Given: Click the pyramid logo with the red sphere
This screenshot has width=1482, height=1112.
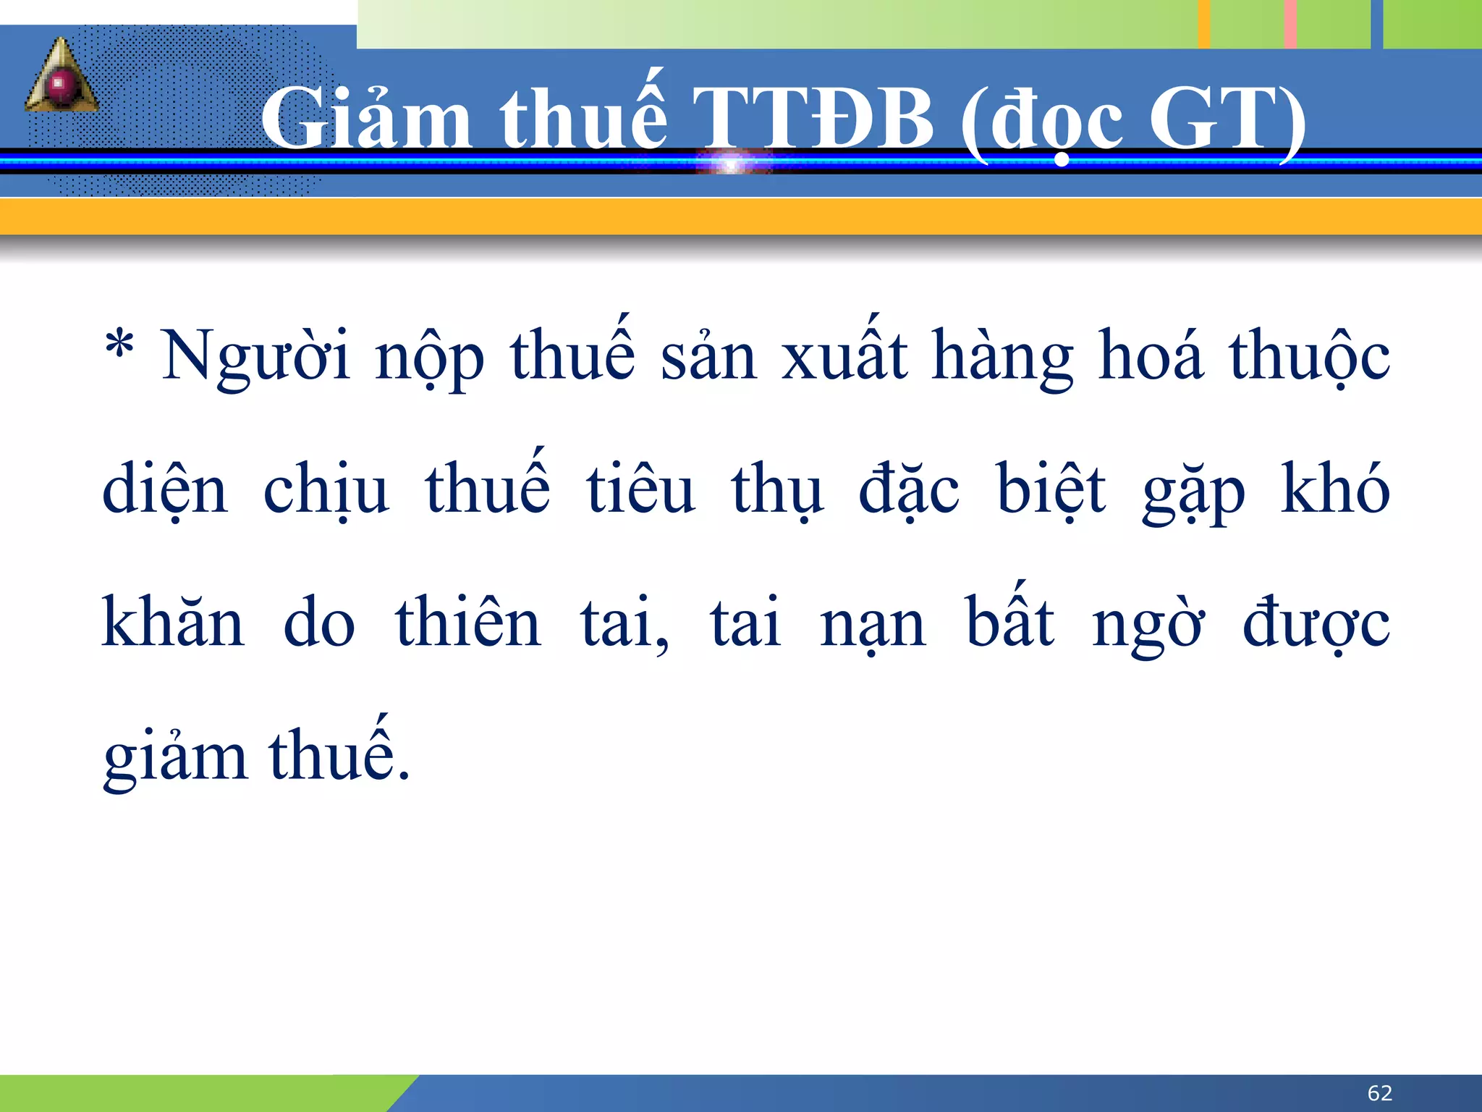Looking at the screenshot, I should pyautogui.click(x=62, y=77).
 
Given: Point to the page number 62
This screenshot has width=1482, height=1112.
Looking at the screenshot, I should pyautogui.click(x=1380, y=1092).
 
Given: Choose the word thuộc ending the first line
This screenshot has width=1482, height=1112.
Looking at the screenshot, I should pyautogui.click(x=1309, y=355).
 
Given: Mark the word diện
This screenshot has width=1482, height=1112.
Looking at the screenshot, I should pyautogui.click(x=165, y=489).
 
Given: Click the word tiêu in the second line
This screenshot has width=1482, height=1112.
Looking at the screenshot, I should pyautogui.click(x=640, y=489).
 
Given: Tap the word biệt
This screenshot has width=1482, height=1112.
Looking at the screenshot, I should pyautogui.click(x=1051, y=489).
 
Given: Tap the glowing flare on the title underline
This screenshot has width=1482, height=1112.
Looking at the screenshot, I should pyautogui.click(x=733, y=161).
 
